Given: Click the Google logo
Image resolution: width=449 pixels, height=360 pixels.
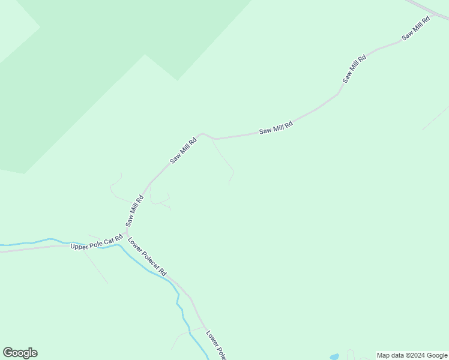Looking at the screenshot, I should pos(20,353).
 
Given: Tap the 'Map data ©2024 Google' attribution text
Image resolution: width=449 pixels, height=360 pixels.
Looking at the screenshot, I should pos(412,355).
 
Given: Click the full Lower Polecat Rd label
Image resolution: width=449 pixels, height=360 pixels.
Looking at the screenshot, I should pos(146,257).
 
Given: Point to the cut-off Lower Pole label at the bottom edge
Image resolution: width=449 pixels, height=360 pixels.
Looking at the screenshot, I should pos(215,346).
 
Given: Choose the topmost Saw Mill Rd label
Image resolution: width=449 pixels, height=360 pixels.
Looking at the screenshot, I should pos(416,28).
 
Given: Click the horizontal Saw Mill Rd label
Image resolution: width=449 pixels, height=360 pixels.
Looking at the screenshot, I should pos(276,127).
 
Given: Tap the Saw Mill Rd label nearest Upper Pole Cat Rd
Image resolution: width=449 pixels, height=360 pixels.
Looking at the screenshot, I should pos(134,210).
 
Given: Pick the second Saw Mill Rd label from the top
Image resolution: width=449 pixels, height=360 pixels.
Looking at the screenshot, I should pos(354,69).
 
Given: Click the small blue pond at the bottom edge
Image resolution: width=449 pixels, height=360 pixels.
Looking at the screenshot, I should pos(334,356).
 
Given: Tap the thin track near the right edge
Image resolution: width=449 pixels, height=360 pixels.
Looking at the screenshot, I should pos(435,118).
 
